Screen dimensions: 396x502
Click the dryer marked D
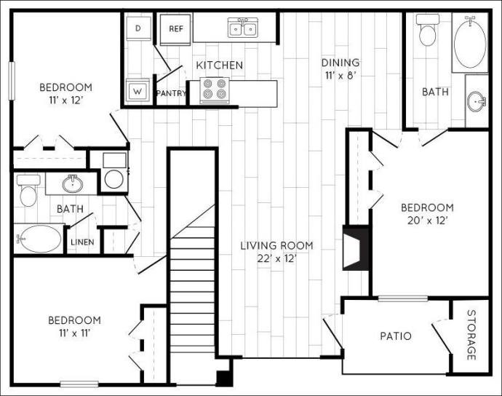click(x=139, y=28)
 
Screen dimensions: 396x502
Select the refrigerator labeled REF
click(x=175, y=29)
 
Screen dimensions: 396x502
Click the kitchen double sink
click(x=242, y=28)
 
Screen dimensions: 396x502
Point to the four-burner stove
click(x=214, y=90)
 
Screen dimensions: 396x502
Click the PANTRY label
click(x=171, y=93)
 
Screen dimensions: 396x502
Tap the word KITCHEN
click(x=219, y=66)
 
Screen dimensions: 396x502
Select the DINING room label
click(x=341, y=63)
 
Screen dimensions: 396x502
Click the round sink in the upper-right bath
click(x=477, y=100)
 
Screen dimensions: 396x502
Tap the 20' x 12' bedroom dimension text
click(x=427, y=221)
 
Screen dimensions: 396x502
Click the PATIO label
click(x=396, y=336)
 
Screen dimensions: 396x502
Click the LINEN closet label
click(x=79, y=242)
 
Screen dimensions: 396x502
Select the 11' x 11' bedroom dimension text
click(x=74, y=333)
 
